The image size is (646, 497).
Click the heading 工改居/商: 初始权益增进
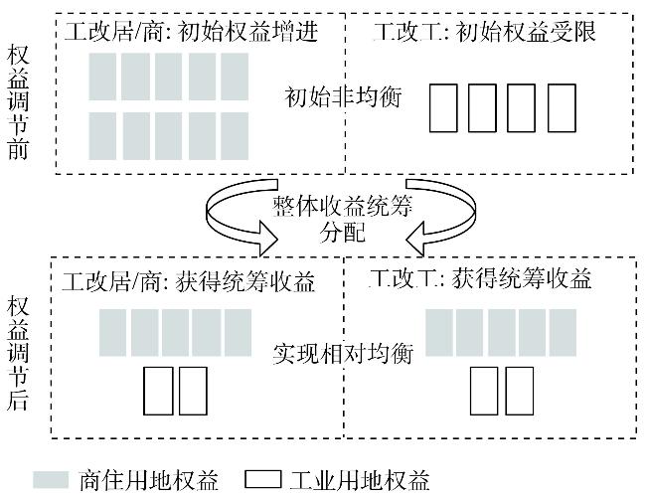192,32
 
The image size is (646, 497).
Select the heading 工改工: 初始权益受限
485,32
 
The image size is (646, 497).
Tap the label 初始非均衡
343,97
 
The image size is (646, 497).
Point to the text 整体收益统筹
342,206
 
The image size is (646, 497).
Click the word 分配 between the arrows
343,233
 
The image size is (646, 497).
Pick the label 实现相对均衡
343,353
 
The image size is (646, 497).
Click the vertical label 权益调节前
18,103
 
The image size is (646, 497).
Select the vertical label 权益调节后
18,353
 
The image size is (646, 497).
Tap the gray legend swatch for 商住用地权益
51,480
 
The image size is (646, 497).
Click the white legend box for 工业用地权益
262,480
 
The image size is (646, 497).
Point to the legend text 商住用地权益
148,480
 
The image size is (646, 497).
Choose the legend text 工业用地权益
360,480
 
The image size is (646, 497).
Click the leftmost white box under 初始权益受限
443,108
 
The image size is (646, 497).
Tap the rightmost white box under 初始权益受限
562,108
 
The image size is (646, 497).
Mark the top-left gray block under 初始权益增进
102,77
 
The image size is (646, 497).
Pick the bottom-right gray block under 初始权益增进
235,136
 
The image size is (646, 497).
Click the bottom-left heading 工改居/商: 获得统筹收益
188,282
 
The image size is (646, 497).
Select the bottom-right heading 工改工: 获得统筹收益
480,278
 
